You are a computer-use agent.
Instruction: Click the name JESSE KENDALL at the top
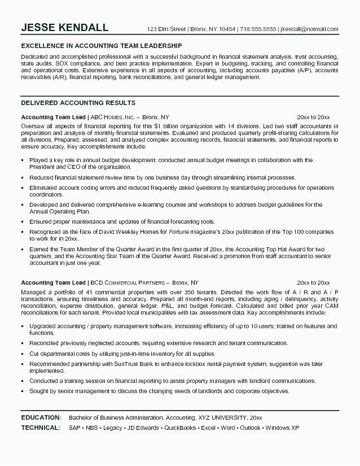(65, 28)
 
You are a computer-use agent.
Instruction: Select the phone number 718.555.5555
(258, 29)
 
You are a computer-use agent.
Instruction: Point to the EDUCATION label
(41, 417)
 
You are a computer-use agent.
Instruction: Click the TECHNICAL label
(40, 427)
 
